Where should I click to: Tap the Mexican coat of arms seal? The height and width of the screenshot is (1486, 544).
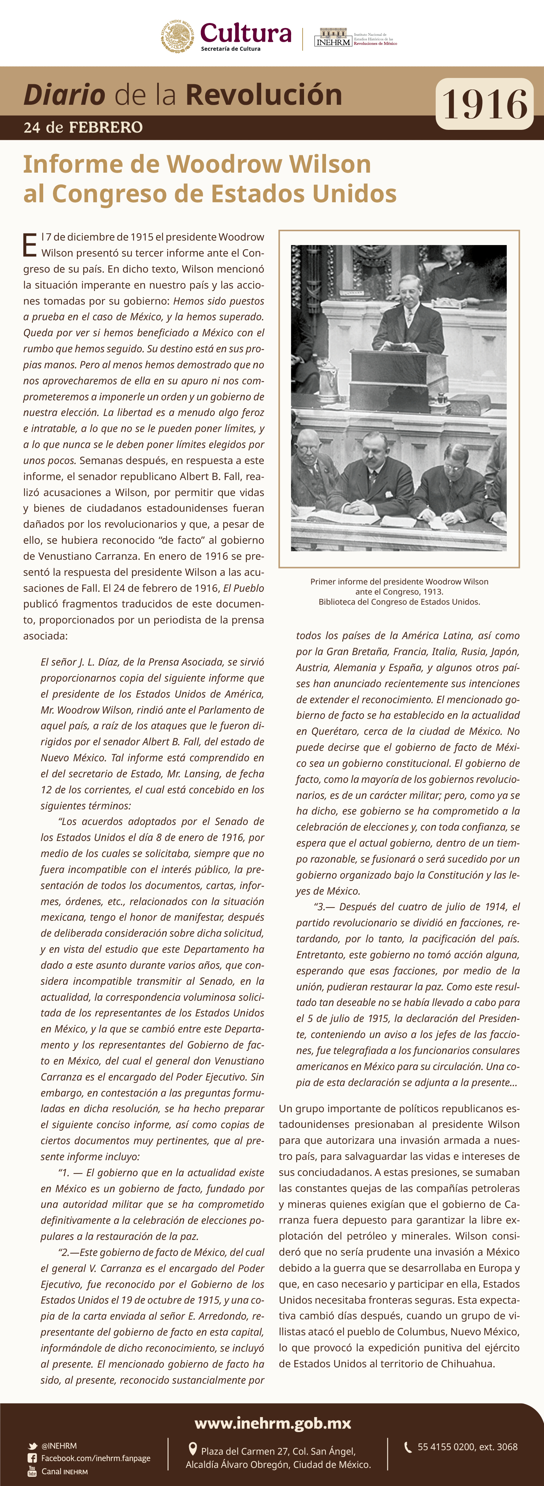click(177, 37)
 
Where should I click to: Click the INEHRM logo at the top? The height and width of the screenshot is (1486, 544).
click(333, 38)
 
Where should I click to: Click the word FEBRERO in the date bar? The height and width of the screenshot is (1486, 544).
click(106, 127)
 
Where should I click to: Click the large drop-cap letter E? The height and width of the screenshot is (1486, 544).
click(29, 245)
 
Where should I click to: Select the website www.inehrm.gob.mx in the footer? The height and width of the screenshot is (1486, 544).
click(272, 1423)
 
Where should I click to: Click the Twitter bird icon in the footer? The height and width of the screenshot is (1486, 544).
click(33, 1446)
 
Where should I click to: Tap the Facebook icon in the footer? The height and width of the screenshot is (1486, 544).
click(32, 1458)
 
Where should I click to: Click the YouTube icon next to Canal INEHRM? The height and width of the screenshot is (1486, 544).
click(32, 1471)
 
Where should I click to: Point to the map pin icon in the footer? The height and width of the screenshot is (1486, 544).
click(193, 1449)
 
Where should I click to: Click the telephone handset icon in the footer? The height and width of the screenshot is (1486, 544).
click(407, 1447)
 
